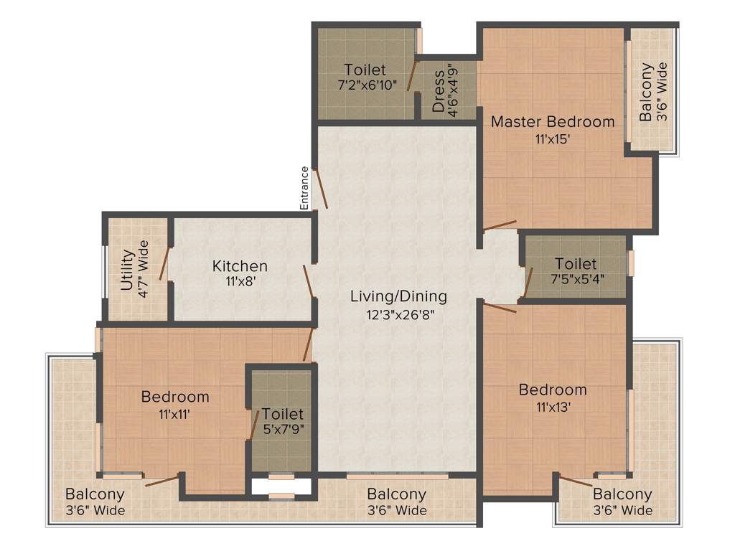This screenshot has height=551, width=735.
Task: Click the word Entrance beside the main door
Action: (304, 188)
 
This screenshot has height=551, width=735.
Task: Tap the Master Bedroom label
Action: (552, 121)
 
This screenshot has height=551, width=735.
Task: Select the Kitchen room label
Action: (240, 266)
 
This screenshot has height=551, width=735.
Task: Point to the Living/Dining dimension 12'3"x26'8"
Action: (398, 314)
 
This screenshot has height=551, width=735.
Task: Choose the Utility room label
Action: (127, 269)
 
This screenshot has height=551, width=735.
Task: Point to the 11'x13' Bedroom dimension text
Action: (553, 407)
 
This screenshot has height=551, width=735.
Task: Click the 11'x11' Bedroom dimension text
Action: (175, 413)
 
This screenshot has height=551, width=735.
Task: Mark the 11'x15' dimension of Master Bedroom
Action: (552, 139)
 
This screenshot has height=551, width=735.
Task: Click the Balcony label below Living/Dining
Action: (396, 494)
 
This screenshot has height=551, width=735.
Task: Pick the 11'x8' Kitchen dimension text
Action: (240, 282)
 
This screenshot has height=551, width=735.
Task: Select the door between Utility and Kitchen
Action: (164, 263)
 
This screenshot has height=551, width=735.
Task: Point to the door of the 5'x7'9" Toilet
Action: (253, 426)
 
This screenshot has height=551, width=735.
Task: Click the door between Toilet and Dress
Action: (412, 76)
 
